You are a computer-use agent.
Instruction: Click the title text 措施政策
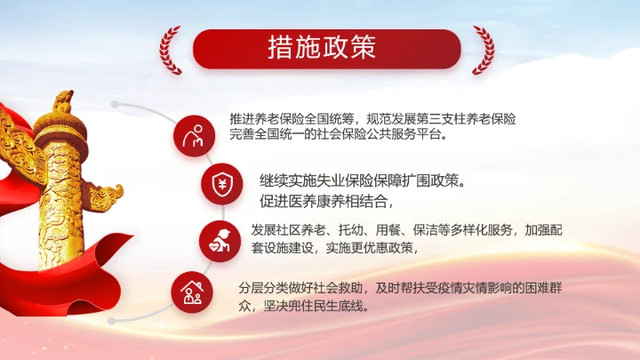pos(321,49)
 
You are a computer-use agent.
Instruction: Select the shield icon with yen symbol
pos(220,184)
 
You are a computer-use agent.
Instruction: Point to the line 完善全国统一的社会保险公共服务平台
pos(338,136)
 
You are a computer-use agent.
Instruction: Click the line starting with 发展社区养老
pos(406,229)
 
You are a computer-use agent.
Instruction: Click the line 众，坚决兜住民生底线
pos(304,307)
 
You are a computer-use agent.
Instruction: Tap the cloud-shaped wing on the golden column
pos(104,191)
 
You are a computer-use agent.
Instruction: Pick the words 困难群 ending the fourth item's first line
pos(546,287)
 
